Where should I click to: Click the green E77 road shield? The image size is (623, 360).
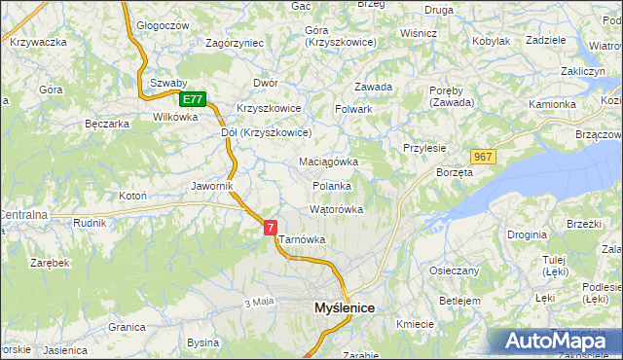click(193, 99)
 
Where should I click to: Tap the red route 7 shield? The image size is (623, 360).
click(270, 227)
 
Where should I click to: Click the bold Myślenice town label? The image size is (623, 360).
click(345, 307)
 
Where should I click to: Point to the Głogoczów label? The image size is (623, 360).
click(162, 25)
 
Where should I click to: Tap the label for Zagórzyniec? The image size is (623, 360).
click(235, 43)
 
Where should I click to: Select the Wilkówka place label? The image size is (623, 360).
click(175, 116)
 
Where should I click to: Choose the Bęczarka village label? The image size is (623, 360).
click(107, 124)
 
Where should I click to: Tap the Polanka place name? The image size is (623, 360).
click(331, 185)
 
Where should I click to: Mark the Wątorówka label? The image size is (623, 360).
click(336, 209)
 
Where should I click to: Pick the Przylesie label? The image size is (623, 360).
click(424, 148)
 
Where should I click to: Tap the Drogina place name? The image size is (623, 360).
click(527, 234)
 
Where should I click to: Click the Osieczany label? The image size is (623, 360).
click(454, 270)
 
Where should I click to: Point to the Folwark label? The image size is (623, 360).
click(354, 109)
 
